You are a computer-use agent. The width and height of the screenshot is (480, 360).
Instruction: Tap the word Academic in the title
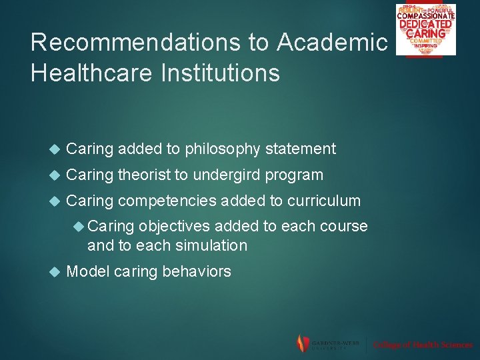coord(332,43)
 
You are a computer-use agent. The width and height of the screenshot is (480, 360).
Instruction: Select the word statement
coord(301,149)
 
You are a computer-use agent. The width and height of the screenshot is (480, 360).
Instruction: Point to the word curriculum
coord(323,201)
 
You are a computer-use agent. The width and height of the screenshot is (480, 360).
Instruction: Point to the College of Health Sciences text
coord(423,345)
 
